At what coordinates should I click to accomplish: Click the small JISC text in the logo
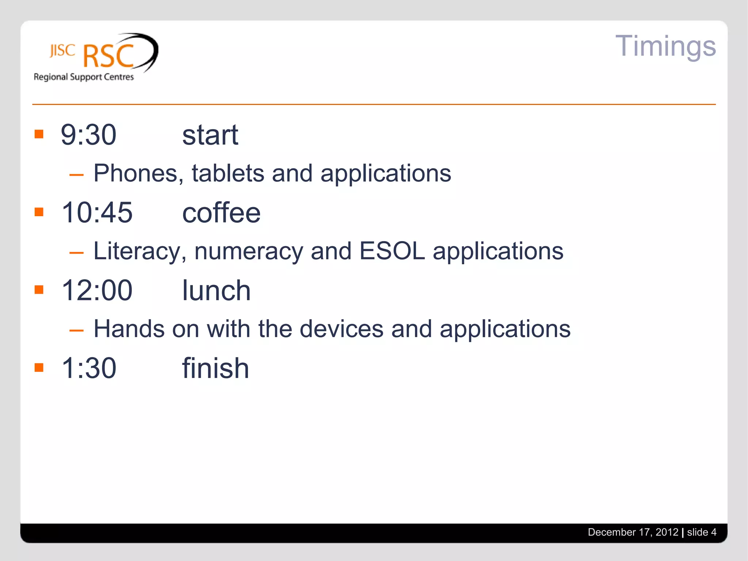coord(62,50)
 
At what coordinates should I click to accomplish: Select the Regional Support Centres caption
coord(84,77)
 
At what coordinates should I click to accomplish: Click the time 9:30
coord(88,135)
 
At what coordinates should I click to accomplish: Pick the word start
coord(210,135)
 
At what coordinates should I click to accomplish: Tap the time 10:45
coord(97,213)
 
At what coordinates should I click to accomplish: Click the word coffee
coord(221,213)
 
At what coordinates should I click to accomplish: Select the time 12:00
coord(97,290)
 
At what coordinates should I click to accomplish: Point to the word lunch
coord(216,291)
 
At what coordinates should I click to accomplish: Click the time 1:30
coord(89,368)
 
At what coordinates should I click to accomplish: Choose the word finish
coord(215,368)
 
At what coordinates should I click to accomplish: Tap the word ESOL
coord(392,251)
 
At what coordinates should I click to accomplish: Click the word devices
coord(341,329)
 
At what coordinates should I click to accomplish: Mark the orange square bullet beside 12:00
coord(39,290)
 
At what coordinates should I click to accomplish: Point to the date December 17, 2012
coord(633,532)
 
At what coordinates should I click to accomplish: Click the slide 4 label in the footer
coord(701,532)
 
